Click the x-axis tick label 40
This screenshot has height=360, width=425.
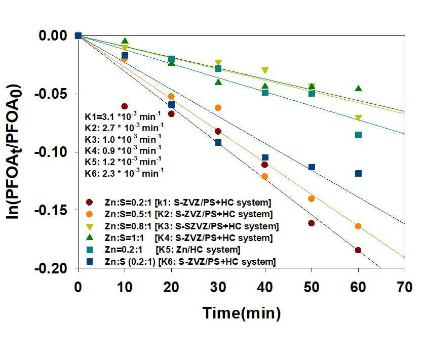265,287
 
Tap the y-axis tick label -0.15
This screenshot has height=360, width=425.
51,210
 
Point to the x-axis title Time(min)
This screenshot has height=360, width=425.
242,313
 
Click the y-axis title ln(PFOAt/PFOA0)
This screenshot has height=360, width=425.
14,152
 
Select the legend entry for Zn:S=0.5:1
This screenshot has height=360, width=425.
179,214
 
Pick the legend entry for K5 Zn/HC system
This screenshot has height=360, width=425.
163,250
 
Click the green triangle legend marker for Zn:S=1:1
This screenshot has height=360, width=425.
90,237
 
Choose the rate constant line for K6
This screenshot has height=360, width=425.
124,173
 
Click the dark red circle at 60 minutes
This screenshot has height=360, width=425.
358,250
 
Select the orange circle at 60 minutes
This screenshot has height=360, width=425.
358,226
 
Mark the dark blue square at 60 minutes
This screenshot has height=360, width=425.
358,173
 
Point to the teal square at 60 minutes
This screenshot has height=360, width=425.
358,135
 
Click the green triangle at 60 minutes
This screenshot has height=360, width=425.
358,88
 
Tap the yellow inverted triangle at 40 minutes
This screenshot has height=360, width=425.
265,70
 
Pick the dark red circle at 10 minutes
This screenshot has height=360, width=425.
125,106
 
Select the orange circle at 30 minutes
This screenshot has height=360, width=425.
218,108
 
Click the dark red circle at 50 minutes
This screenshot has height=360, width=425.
312,223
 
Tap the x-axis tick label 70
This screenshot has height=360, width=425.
405,287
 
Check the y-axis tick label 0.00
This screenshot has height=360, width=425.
53,36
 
